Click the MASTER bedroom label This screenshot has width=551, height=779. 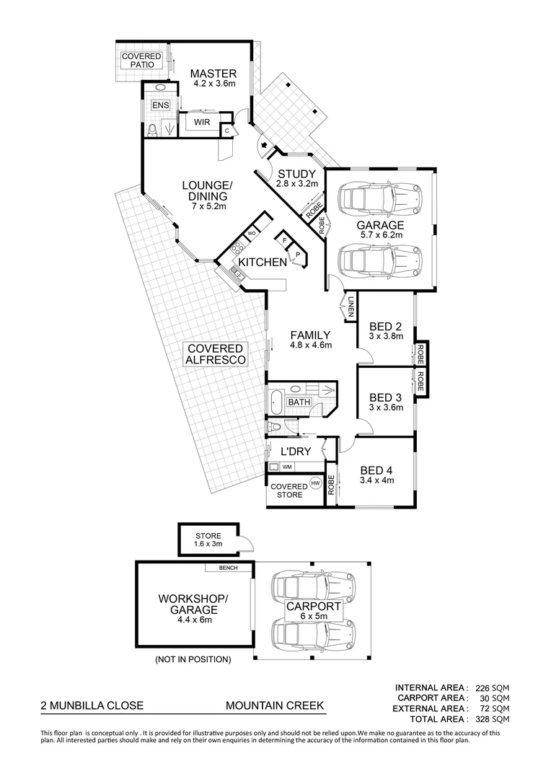point(213,74)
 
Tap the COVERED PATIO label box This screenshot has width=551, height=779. point(141,61)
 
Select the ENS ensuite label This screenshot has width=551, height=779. point(160,105)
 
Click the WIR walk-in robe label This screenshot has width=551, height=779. point(201,123)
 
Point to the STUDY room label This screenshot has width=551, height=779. point(296,174)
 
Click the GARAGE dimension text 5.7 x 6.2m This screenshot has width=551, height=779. point(381,234)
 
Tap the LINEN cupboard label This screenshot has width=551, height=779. point(350,307)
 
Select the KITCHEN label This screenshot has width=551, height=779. point(263,262)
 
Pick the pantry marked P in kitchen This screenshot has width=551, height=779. point(297,255)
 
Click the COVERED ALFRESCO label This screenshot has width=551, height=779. point(215,353)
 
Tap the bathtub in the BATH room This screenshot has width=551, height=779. point(276,402)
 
